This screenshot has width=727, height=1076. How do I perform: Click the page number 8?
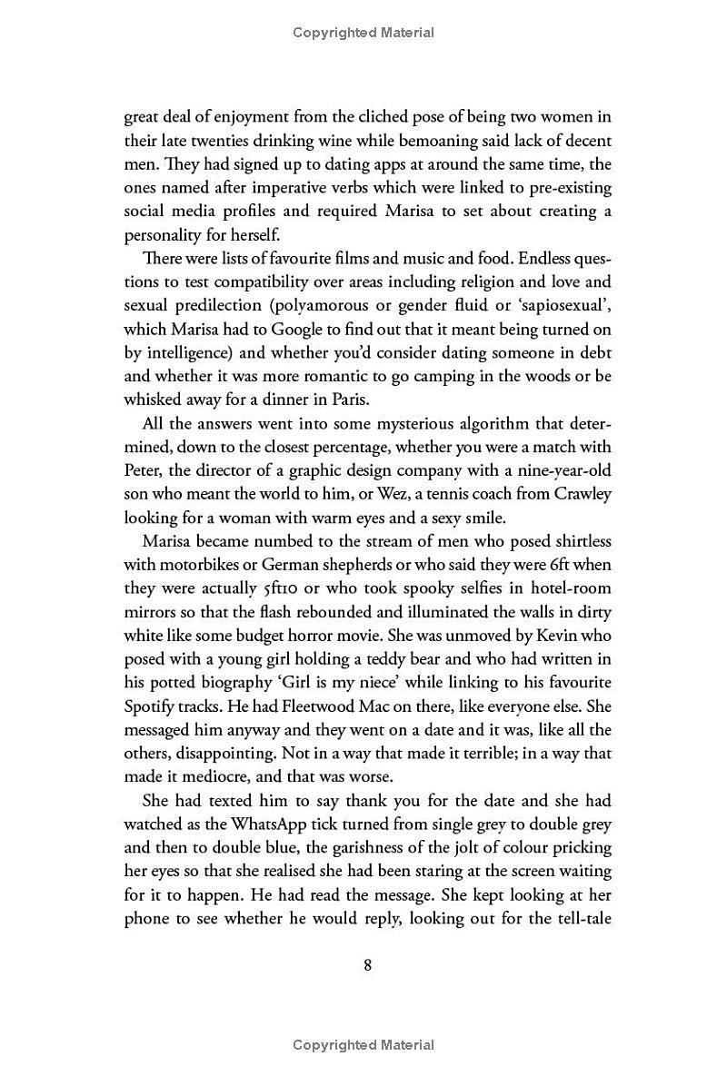(x=367, y=964)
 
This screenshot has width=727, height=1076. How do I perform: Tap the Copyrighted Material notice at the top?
(x=363, y=33)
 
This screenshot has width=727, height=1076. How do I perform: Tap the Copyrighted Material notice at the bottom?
(x=363, y=1045)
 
